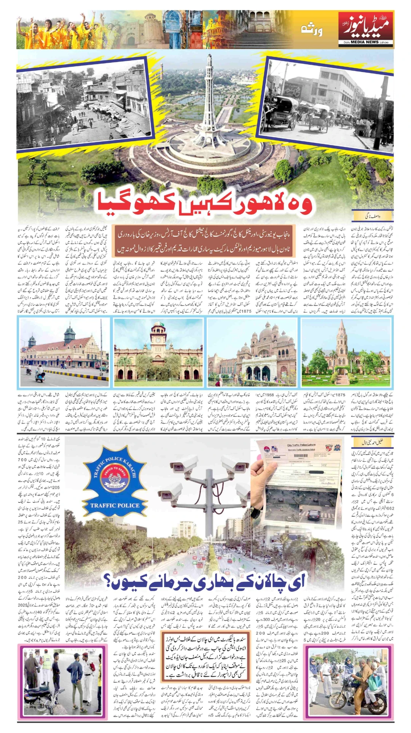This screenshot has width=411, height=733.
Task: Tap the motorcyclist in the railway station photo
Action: [x=40, y=373]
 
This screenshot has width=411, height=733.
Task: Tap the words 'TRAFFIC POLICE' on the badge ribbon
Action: [x=115, y=506]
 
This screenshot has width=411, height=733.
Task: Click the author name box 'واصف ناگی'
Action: [x=372, y=216]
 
